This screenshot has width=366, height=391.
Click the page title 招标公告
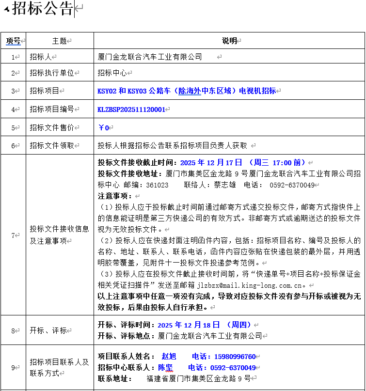(43, 9)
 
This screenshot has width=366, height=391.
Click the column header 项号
(13, 41)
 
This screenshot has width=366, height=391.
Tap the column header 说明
(229, 41)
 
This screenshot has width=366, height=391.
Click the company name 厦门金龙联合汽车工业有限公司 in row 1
(150, 57)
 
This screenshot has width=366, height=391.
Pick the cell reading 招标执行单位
(51, 73)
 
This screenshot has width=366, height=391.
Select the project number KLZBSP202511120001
(131, 109)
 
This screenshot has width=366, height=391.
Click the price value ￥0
(104, 128)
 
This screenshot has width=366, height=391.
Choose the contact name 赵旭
(169, 357)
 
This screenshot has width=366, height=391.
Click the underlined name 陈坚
(165, 368)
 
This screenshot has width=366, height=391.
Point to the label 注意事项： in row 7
(115, 196)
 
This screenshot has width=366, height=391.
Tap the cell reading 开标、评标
(48, 330)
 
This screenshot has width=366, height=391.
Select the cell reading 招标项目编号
(51, 109)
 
